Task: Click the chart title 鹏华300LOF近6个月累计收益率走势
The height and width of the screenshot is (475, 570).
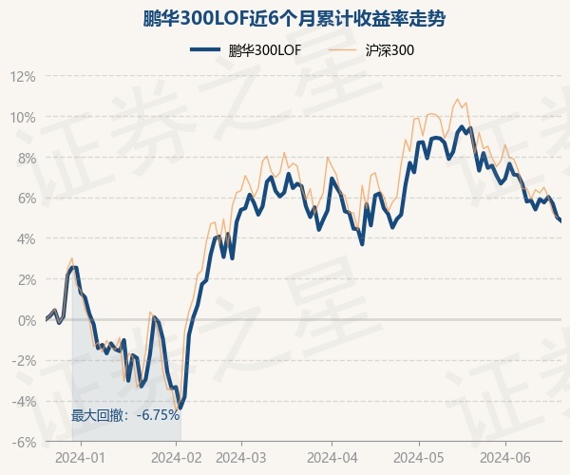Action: [285, 18]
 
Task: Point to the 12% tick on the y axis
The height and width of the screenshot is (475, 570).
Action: [23, 77]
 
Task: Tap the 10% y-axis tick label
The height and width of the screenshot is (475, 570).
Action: [23, 118]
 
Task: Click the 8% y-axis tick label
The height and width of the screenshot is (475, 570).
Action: [26, 158]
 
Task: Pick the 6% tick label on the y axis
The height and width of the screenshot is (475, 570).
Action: [26, 199]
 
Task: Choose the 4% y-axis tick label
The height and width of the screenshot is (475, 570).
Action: [26, 239]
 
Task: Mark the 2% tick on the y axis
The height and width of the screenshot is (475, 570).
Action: [26, 279]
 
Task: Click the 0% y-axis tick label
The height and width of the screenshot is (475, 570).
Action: [26, 320]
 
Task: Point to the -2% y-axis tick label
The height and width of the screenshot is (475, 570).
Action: [24, 361]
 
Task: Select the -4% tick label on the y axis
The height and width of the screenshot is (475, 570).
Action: [24, 401]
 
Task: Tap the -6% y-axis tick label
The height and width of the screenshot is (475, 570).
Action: [24, 442]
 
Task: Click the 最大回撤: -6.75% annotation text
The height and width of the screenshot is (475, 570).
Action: [125, 415]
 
